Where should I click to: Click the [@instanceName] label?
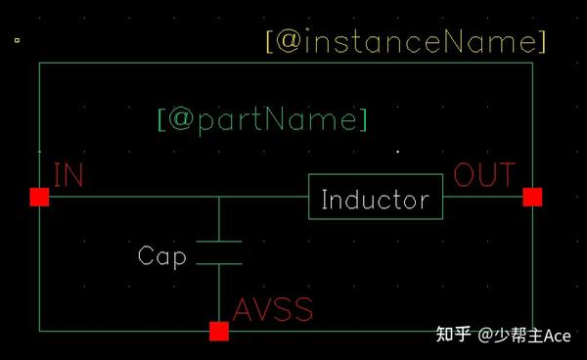(405, 42)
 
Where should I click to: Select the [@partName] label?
(262, 120)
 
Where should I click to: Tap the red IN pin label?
(68, 175)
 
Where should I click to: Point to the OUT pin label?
(484, 175)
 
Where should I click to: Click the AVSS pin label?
(273, 310)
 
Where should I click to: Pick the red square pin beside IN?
(39, 198)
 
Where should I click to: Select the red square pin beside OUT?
(532, 198)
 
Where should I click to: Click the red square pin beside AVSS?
(219, 332)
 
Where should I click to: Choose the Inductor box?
(376, 199)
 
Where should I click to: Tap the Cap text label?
(161, 256)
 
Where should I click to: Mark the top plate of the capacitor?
(219, 240)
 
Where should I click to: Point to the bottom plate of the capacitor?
(219, 263)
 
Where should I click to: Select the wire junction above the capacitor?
(219, 198)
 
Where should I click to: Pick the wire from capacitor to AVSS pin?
(219, 292)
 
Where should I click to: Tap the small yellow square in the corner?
(17, 40)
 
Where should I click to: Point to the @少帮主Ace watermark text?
(524, 336)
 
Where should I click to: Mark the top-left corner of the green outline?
(39, 64)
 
